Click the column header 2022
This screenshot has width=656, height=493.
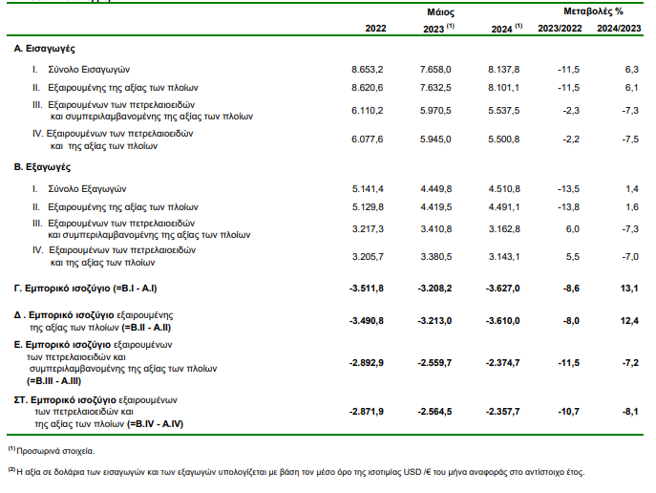click(x=375, y=29)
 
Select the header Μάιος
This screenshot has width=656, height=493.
click(x=440, y=12)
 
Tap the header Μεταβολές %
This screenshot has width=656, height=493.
click(x=593, y=11)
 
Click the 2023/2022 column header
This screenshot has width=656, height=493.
click(x=560, y=29)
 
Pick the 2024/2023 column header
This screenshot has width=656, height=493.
click(x=619, y=29)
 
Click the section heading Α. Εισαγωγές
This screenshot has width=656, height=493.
click(x=44, y=49)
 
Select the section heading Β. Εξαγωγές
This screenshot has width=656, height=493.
click(x=42, y=167)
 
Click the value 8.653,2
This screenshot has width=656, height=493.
click(x=368, y=70)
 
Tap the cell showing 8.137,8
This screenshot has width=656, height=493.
click(x=504, y=70)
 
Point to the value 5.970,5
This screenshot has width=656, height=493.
click(x=435, y=111)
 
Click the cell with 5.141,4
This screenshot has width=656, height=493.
click(x=368, y=189)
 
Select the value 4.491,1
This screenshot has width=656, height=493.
click(x=504, y=207)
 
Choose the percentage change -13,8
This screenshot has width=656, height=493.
click(x=568, y=207)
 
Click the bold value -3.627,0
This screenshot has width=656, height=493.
click(x=503, y=289)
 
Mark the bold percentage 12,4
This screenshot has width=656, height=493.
click(x=629, y=321)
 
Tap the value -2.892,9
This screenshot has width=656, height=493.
click(x=367, y=363)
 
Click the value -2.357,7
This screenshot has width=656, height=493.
click(x=503, y=412)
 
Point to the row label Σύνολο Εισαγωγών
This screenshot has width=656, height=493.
click(x=89, y=70)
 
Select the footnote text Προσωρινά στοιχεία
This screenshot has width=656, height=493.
click(x=55, y=451)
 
